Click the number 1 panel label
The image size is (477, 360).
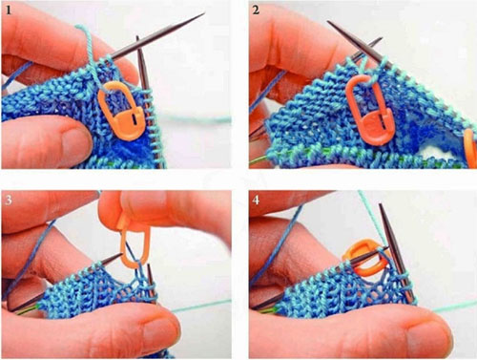(9, 11)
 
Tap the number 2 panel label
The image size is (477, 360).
(256, 11)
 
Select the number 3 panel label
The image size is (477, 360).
(9, 200)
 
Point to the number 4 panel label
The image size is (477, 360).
(256, 200)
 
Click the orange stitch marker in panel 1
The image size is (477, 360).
(122, 111)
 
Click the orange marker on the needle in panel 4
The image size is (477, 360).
(365, 257)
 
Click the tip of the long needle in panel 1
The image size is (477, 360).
(203, 13)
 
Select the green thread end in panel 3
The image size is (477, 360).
(27, 309)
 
